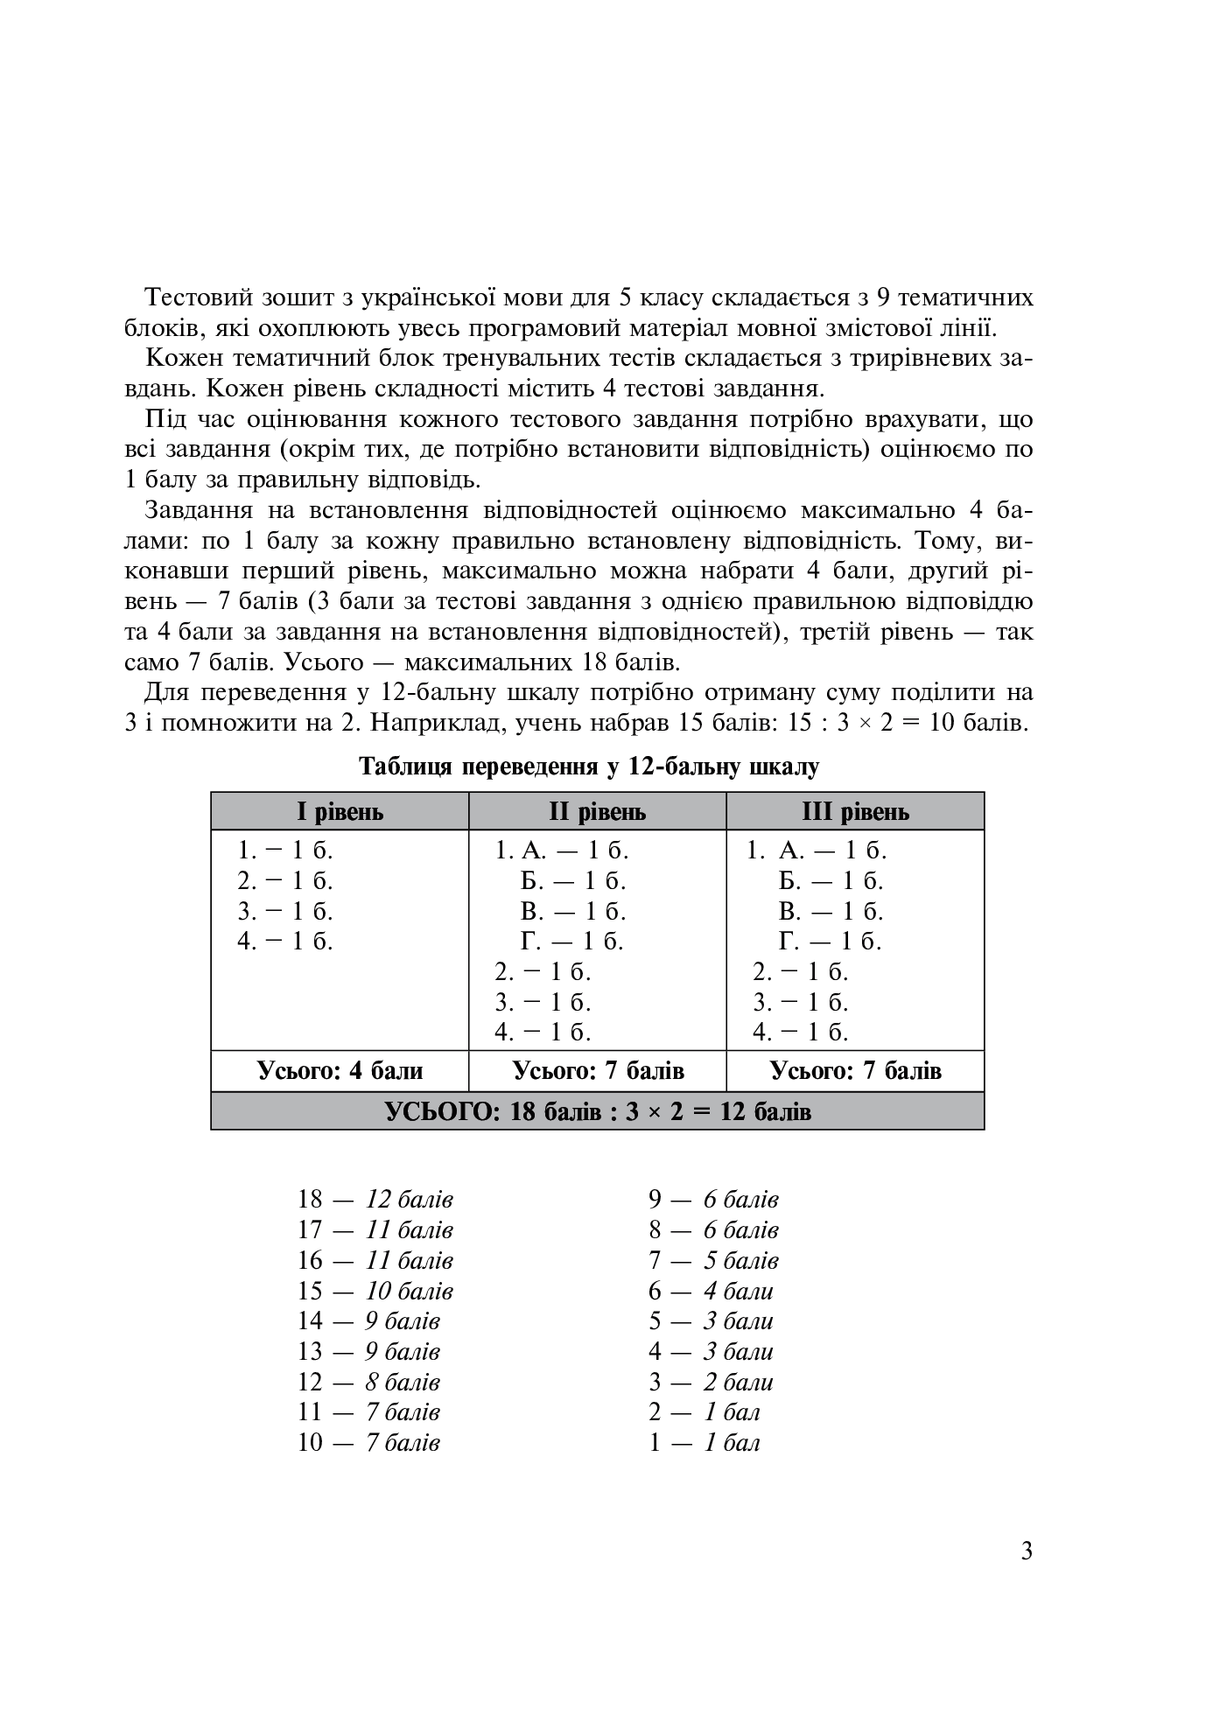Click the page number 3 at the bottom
tap(1027, 1551)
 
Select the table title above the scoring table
tap(589, 767)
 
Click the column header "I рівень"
tap(340, 812)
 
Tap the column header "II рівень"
tap(597, 812)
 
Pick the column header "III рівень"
tap(855, 812)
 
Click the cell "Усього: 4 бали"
tap(340, 1071)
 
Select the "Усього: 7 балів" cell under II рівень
tap(598, 1071)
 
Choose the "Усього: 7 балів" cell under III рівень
tap(855, 1071)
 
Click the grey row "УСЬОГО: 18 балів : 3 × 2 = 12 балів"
tap(598, 1111)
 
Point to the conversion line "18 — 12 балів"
tap(375, 1200)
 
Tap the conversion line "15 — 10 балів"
tap(375, 1291)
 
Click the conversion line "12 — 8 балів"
tap(368, 1383)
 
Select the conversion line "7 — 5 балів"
tap(713, 1261)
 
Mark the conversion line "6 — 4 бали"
tap(711, 1291)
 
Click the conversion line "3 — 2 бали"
tap(711, 1383)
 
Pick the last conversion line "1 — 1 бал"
tap(704, 1443)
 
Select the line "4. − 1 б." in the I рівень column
tap(285, 942)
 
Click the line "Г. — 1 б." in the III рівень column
tap(830, 942)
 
